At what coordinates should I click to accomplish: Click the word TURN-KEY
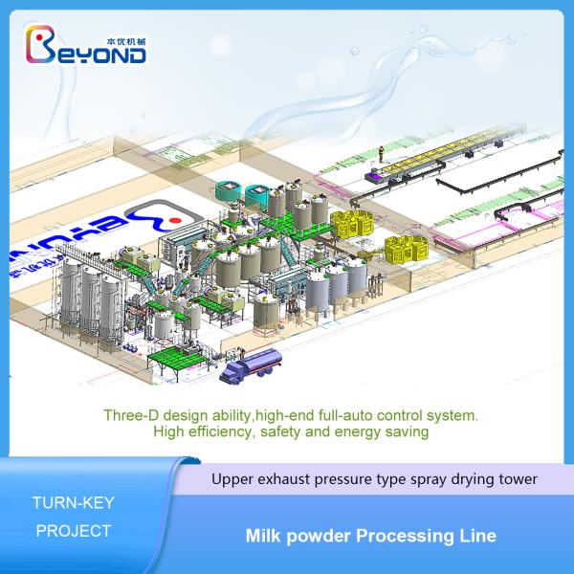[x=75, y=500]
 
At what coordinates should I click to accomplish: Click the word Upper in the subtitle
[x=235, y=477]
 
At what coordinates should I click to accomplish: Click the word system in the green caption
[x=452, y=416]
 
